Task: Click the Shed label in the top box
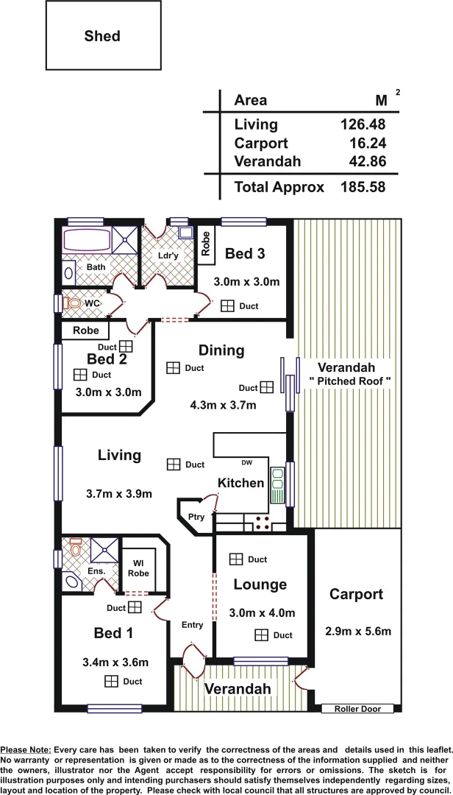(102, 36)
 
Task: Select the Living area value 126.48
(363, 124)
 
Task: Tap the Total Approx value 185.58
(363, 187)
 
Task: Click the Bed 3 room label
(244, 254)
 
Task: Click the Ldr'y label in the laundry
(168, 255)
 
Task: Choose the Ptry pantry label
(196, 517)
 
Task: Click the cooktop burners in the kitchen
(262, 522)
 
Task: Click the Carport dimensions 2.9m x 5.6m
(357, 631)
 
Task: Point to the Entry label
(192, 625)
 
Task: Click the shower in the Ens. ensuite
(104, 551)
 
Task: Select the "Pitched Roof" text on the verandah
(349, 381)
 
